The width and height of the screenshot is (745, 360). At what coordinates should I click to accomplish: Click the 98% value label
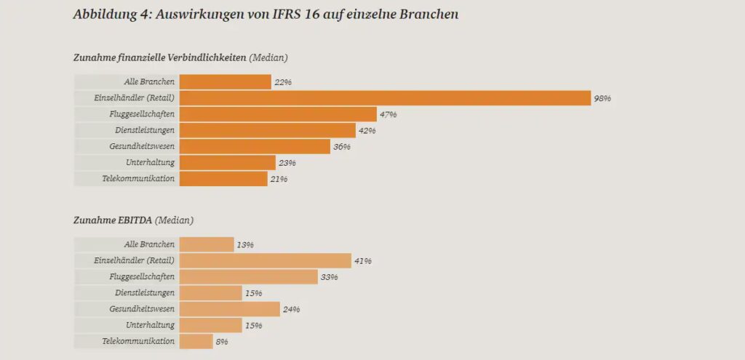click(602, 98)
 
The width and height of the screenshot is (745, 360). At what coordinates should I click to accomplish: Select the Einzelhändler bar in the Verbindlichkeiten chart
click(384, 98)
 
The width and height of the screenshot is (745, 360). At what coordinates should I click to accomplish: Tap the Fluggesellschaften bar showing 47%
click(278, 114)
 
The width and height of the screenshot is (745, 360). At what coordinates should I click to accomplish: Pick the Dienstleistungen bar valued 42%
click(268, 130)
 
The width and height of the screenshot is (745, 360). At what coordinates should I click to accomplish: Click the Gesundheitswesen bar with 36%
click(255, 146)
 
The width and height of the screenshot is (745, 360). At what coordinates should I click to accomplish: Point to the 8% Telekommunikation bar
click(196, 341)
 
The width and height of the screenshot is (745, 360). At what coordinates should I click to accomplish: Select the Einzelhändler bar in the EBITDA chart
click(265, 261)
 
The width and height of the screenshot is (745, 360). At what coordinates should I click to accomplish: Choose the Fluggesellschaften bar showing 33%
click(248, 277)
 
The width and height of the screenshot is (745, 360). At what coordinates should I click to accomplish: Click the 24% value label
click(291, 309)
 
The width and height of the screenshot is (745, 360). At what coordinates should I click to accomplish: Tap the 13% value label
click(245, 245)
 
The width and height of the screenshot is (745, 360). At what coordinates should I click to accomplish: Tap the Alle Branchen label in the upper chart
click(149, 82)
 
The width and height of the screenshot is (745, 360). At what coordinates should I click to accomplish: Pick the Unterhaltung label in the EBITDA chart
click(150, 325)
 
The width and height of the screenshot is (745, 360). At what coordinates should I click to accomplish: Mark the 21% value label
click(279, 178)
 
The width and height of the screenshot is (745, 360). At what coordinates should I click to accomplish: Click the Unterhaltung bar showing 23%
click(227, 162)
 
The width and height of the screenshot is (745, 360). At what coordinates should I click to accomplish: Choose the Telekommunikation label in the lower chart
click(138, 341)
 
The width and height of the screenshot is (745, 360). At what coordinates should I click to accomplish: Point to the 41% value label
click(362, 261)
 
